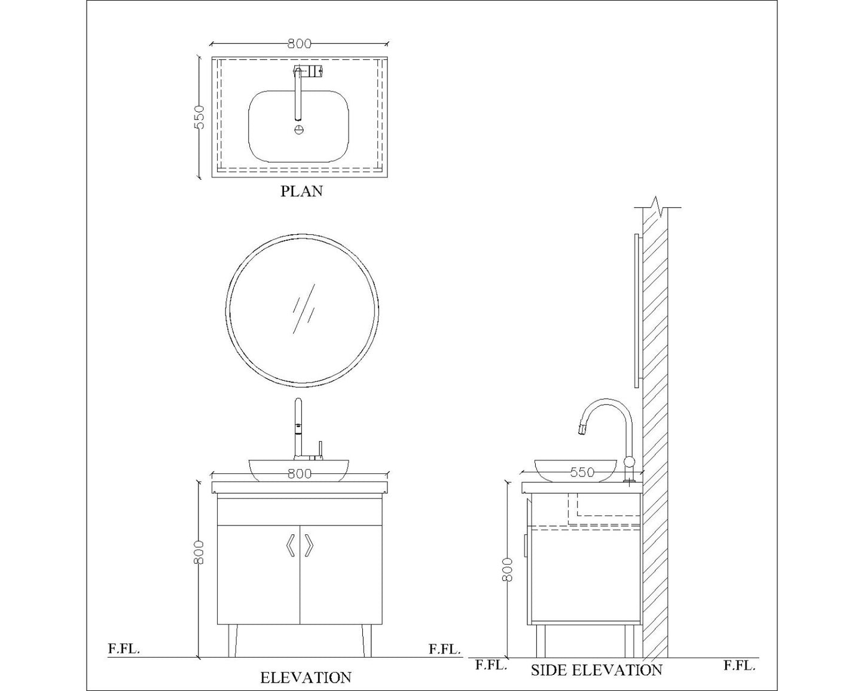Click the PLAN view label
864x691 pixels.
301,191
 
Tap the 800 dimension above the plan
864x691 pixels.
300,44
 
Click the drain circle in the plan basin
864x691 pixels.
299,129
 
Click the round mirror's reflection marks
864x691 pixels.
303,308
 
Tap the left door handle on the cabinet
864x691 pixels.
290,545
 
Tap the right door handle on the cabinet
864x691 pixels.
309,545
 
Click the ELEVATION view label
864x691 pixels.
306,677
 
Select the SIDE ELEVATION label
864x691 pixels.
596,669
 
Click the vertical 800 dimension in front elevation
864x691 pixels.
200,552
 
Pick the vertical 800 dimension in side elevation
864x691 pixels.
508,570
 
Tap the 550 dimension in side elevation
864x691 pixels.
582,472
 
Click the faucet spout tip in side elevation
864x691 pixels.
581,429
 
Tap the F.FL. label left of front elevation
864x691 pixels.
124,649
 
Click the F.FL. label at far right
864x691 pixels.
740,665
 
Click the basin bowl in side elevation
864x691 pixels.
575,469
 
